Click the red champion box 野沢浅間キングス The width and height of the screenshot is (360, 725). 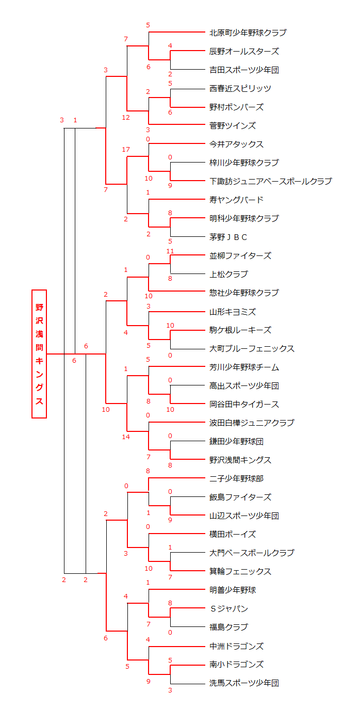coord(39,354)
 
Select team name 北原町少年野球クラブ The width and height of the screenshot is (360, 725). coord(248,33)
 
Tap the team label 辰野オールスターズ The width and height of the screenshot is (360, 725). coord(244,51)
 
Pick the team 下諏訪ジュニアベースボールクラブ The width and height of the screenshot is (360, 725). coord(270,181)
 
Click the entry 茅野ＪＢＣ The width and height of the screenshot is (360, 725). coord(228,237)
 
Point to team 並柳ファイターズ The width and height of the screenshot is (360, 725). coord(240,256)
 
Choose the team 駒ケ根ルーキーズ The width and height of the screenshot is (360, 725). coord(240,330)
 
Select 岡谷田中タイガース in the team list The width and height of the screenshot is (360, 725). coord(244,404)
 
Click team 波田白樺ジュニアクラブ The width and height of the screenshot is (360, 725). coord(252,423)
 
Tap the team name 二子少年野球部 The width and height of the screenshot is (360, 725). coord(236,478)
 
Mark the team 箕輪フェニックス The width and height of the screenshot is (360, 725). coord(240,571)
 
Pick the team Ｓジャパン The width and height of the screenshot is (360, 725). coord(228,608)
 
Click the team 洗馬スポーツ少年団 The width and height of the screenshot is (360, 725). coord(244,683)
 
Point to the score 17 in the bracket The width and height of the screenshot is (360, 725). coord(126,150)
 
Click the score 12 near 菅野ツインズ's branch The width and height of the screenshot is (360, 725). coord(126,118)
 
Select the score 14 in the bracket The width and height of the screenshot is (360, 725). coord(126,437)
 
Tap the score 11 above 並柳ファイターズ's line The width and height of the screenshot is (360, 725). coord(170,251)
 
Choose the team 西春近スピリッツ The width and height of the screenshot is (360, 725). coord(240,88)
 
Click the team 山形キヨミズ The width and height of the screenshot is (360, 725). coord(232,312)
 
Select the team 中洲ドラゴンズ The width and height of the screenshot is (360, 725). coord(236,647)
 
